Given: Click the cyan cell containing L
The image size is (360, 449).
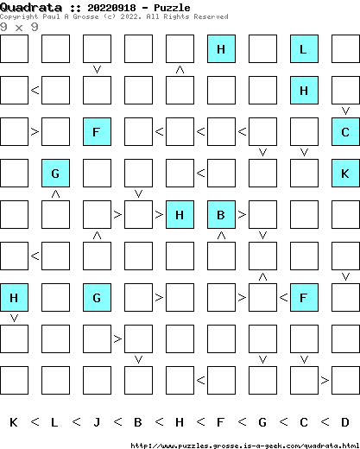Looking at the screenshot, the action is [x=304, y=49].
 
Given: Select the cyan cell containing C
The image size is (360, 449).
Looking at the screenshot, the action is [x=345, y=132].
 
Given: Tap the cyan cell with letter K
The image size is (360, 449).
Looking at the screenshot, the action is [x=345, y=174].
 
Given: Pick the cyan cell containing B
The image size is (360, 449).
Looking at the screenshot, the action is [x=221, y=215].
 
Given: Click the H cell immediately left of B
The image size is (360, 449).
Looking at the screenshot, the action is [x=180, y=215].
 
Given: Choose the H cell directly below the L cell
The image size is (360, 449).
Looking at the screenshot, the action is [x=304, y=91].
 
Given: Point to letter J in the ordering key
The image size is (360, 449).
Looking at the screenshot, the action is [x=97, y=422].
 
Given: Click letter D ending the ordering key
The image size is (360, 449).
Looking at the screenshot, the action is [x=345, y=422].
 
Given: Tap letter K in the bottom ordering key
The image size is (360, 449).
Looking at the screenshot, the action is [x=14, y=422].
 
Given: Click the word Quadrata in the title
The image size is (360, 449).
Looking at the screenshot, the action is [x=31, y=8].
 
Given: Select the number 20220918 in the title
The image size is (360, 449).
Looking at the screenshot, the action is [x=111, y=8].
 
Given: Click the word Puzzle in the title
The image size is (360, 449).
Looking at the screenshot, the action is [x=172, y=8].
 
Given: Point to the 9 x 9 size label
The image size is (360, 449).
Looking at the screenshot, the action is [x=19, y=28].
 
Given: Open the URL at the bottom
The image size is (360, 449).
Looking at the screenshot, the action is [x=245, y=446].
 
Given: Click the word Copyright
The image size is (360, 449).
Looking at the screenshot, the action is [x=19, y=16].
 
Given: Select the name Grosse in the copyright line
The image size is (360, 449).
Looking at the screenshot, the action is [x=85, y=16].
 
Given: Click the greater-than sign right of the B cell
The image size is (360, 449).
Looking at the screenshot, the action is [x=242, y=214].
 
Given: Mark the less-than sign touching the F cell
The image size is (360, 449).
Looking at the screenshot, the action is [x=283, y=297].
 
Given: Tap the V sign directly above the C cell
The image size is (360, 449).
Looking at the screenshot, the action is [x=345, y=111].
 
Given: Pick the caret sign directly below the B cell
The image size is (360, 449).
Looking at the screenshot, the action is [x=221, y=235].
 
